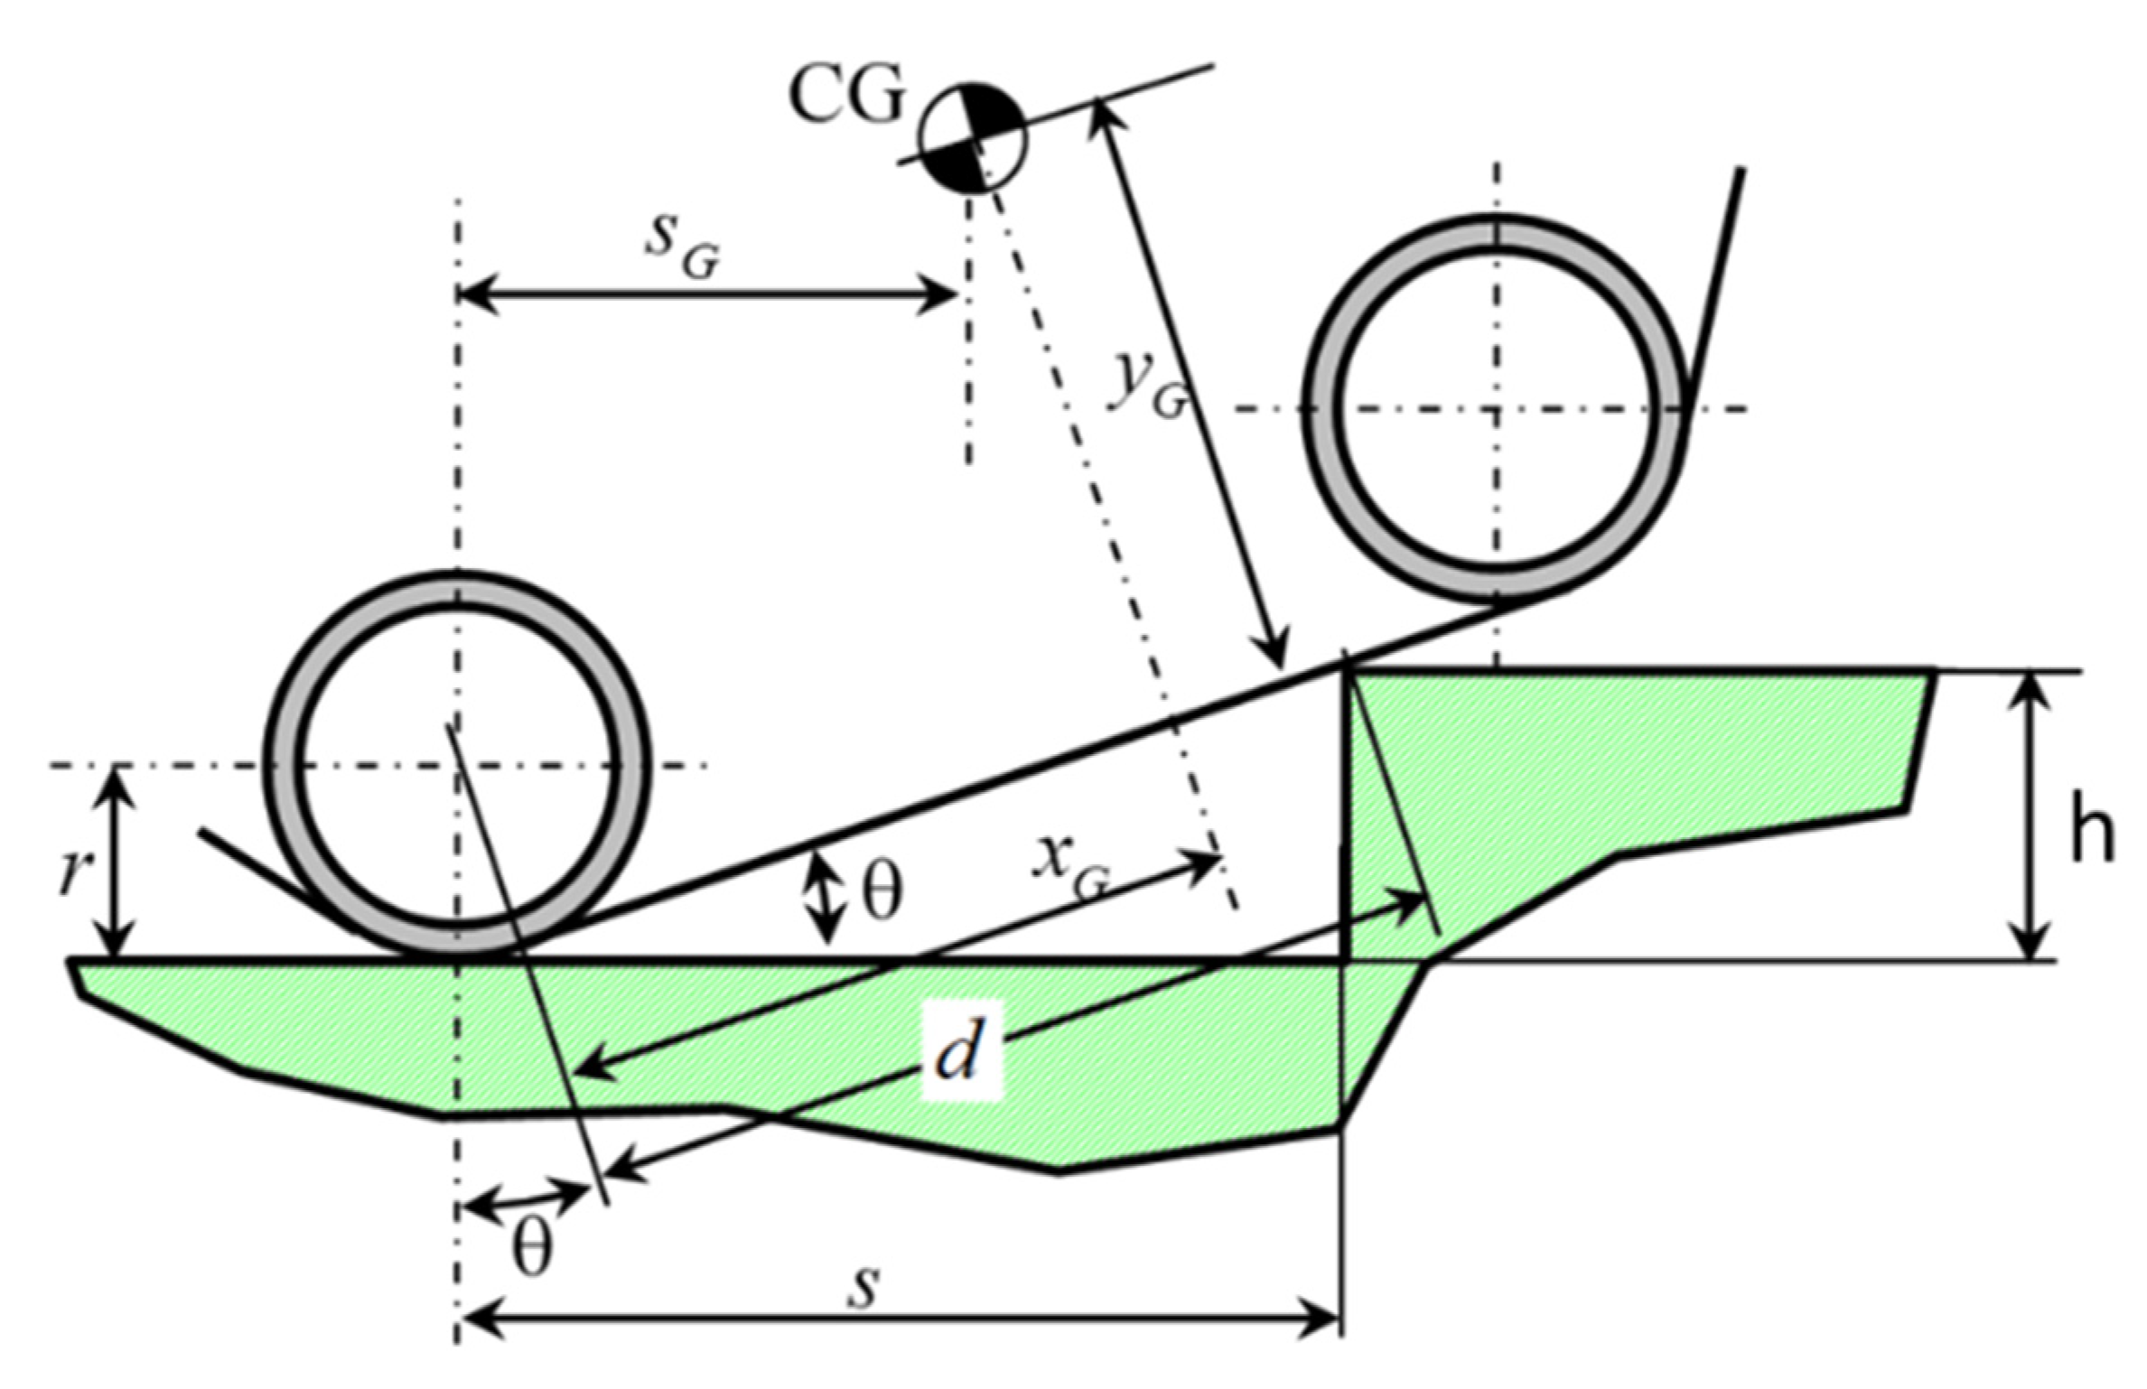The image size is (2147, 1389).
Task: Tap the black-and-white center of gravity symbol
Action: (x=973, y=137)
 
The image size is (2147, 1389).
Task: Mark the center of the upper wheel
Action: (x=1497, y=409)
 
